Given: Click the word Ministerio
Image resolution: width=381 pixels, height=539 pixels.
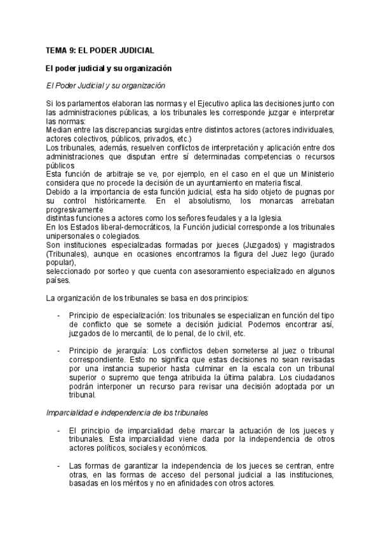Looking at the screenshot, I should [315, 173].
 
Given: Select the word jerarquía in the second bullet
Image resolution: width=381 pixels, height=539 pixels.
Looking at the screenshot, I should [130, 350].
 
